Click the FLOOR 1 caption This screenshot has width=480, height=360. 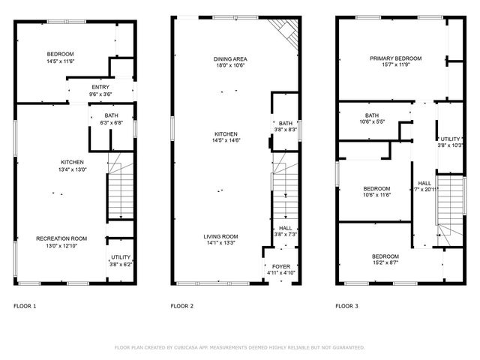pyautogui.click(x=25, y=306)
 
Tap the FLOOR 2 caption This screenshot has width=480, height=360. pyautogui.click(x=182, y=306)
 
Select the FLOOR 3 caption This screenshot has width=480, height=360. pyautogui.click(x=347, y=306)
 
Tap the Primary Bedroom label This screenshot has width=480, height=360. pyautogui.click(x=395, y=58)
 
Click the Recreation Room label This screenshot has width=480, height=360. pyautogui.click(x=61, y=238)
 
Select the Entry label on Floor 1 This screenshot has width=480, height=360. pyautogui.click(x=100, y=88)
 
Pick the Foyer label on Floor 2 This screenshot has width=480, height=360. pyautogui.click(x=281, y=265)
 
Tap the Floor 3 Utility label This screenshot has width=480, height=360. pyautogui.click(x=449, y=139)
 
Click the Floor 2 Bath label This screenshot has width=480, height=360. pyautogui.click(x=286, y=123)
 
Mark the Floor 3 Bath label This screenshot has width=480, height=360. pyautogui.click(x=372, y=115)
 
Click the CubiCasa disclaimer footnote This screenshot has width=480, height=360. pyautogui.click(x=239, y=347)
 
